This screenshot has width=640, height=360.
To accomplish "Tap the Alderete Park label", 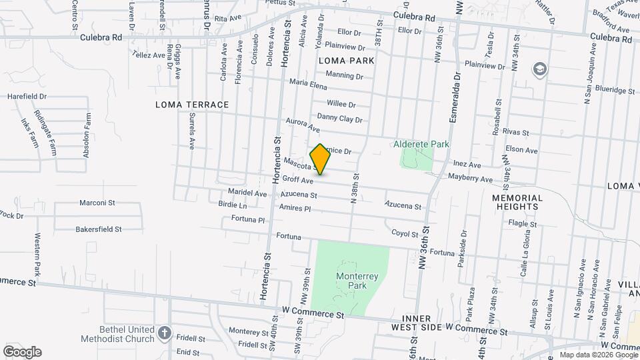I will click(x=421, y=144).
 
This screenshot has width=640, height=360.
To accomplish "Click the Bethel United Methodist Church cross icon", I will click(x=165, y=331).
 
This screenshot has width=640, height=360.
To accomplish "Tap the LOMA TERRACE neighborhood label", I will click(x=192, y=105).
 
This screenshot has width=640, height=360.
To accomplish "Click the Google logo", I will click(x=22, y=351).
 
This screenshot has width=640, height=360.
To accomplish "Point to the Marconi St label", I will click(x=97, y=202).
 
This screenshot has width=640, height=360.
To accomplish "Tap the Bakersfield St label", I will click(x=99, y=229).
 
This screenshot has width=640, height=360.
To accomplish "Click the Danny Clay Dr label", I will click(x=339, y=119).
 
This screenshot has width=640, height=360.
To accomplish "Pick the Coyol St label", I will click(x=405, y=234).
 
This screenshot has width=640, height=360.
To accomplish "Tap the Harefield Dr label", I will click(x=26, y=96).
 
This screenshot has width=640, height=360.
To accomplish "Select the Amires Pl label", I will click(x=295, y=209).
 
